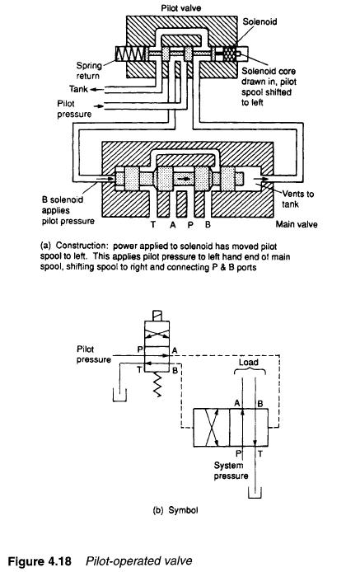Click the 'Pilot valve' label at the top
[x=181, y=7]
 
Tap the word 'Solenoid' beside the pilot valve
[x=259, y=21]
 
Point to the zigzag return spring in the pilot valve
[x=131, y=54]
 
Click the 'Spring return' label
[x=89, y=71]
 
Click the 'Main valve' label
[x=297, y=224]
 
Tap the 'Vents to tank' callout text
[x=297, y=199]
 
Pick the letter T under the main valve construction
[x=153, y=224]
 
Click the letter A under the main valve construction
[x=172, y=224]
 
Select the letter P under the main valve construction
[x=190, y=224]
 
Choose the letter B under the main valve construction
[x=208, y=224]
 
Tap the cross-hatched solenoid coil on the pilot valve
[x=229, y=54]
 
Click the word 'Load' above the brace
[x=249, y=363]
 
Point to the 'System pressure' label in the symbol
[x=231, y=471]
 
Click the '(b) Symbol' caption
[x=175, y=509]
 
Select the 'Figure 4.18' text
[x=40, y=560]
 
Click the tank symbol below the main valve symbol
[x=255, y=492]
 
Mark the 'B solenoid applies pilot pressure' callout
[x=68, y=210]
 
